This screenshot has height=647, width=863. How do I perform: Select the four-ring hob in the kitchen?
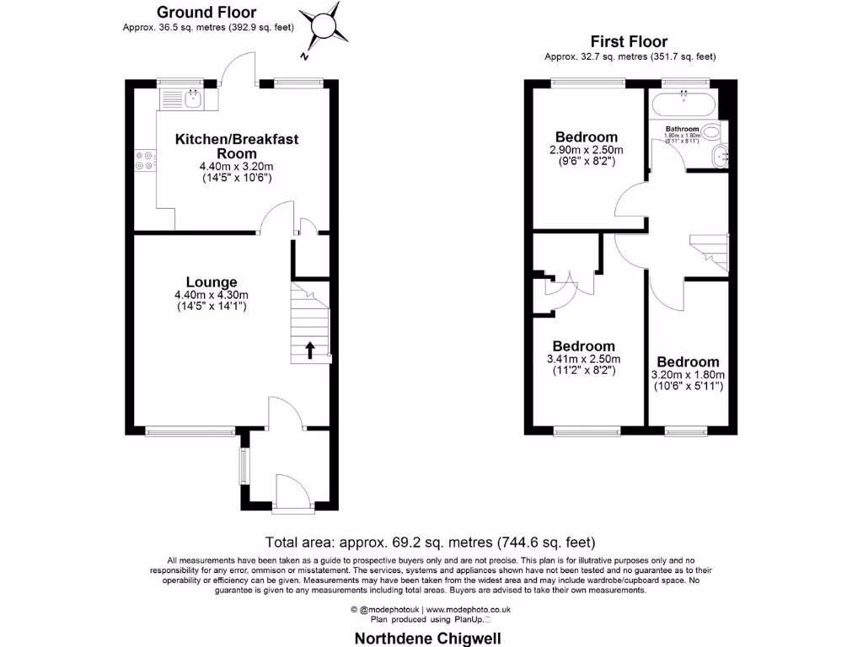pos(145,160)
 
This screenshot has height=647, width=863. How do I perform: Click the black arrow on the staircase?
pos(309,350)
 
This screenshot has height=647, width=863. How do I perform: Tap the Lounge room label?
pos(212,282)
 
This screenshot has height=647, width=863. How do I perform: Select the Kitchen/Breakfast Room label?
pos(236,146)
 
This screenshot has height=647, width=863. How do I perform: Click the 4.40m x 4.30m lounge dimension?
pos(212,295)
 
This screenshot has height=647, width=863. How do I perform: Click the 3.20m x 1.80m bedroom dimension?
pos(689,375)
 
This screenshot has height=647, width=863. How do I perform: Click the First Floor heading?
pos(629,41)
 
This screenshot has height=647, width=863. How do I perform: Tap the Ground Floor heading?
pos(206,12)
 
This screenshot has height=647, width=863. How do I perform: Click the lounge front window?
pos(190,431)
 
